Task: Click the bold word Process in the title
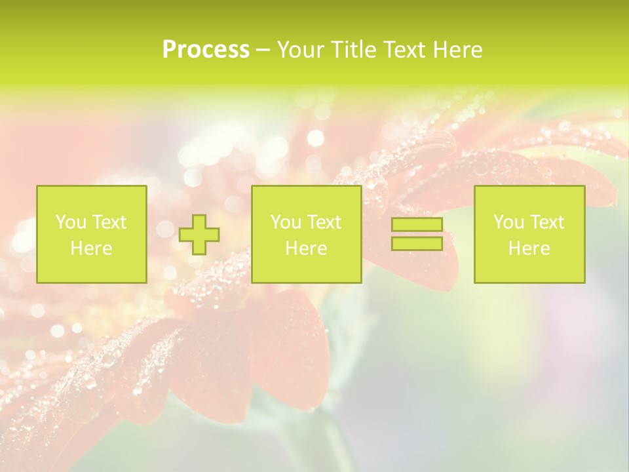(206, 50)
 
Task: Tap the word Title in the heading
(354, 50)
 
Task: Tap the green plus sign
(199, 235)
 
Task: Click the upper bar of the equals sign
(417, 225)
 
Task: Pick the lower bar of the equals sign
(417, 243)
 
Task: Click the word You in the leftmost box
(71, 222)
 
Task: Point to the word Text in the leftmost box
(108, 222)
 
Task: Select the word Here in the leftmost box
(91, 248)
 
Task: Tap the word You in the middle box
(286, 222)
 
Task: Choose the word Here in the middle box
(306, 248)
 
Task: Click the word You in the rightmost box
(508, 222)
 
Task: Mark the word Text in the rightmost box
(546, 222)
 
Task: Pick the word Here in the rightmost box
(529, 248)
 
